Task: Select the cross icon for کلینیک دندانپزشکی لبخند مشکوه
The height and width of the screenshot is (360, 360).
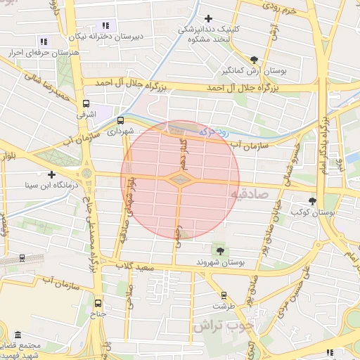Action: (x=207, y=18)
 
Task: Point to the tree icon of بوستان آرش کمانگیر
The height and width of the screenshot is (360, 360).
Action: (x=254, y=60)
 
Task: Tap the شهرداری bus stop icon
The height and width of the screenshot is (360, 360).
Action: (x=120, y=120)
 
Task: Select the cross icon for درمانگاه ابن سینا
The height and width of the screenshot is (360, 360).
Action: (x=51, y=174)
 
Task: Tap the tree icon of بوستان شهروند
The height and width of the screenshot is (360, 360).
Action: (x=221, y=250)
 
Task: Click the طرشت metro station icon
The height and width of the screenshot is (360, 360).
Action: (x=224, y=295)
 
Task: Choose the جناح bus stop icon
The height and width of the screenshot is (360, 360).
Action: (x=97, y=303)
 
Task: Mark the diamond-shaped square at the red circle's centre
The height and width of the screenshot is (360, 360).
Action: (x=180, y=180)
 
